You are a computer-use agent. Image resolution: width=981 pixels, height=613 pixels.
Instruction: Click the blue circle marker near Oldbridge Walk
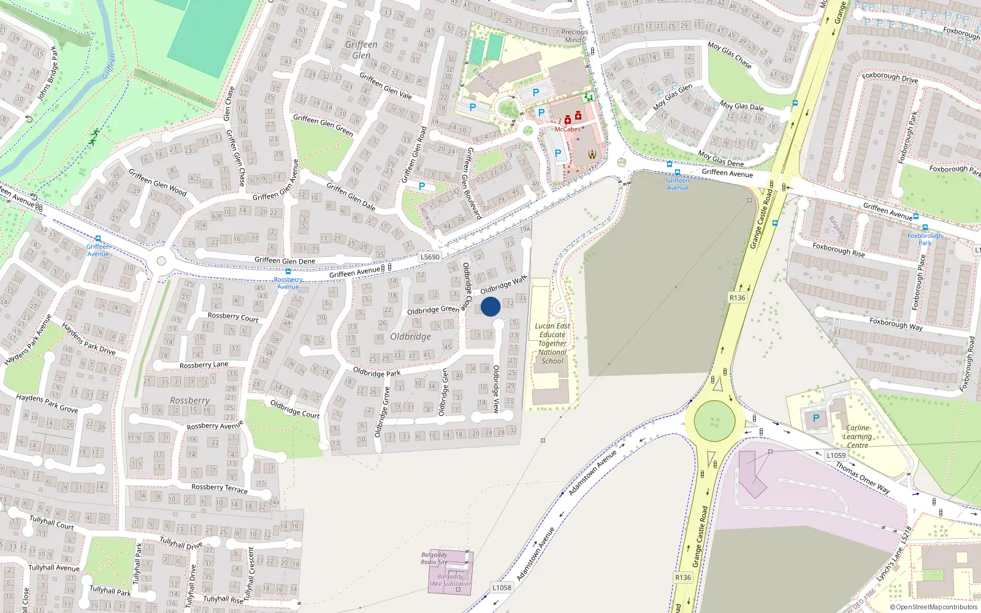[490, 306]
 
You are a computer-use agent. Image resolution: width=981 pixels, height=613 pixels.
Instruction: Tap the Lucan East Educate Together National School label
[552, 343]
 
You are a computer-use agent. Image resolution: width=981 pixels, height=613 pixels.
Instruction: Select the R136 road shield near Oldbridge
[737, 298]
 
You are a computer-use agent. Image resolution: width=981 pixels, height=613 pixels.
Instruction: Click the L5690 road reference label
[430, 257]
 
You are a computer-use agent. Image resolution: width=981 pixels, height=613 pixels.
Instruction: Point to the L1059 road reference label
[836, 455]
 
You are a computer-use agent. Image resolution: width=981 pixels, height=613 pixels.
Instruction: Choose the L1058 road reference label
[502, 588]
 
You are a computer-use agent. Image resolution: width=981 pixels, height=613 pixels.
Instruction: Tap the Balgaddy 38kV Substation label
[450, 580]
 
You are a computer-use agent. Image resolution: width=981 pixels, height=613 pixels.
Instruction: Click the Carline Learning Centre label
[857, 436]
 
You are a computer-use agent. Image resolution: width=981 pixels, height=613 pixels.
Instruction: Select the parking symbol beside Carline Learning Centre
[816, 418]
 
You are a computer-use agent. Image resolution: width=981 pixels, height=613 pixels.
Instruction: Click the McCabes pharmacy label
[567, 129]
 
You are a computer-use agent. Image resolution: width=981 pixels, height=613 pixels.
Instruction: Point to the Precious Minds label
[574, 36]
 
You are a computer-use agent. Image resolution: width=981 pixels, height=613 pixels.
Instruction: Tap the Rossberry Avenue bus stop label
[288, 283]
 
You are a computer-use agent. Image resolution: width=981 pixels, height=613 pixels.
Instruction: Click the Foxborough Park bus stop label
[925, 239]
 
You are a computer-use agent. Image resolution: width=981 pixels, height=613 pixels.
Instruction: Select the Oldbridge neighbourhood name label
[411, 337]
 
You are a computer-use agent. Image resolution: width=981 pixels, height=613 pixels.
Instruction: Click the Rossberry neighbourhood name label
[190, 400]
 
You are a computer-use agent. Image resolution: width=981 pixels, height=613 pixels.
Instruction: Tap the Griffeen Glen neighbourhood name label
[361, 50]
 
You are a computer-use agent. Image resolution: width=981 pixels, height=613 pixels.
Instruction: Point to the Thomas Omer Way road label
[863, 477]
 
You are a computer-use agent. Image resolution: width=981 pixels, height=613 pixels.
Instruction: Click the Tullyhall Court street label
[52, 522]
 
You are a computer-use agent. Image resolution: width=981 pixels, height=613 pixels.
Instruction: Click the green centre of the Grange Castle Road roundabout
[714, 422]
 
